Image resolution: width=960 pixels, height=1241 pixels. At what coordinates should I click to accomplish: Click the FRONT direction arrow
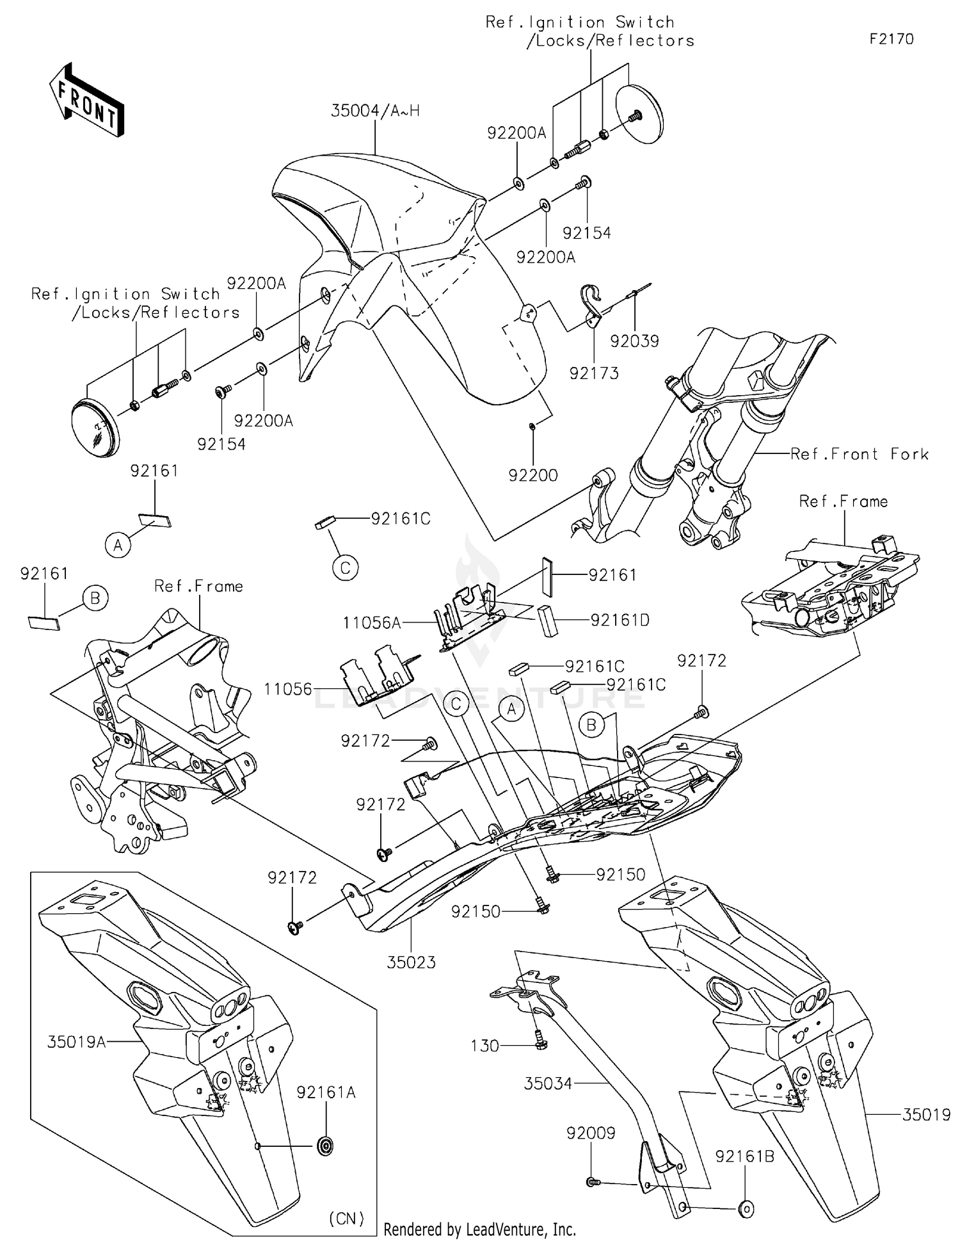pos(87,99)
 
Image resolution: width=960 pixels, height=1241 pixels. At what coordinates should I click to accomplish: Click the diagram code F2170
pos(892,39)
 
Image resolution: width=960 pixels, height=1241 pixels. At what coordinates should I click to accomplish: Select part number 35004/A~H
pos(375,111)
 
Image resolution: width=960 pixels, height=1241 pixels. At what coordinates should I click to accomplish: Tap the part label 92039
pos(634,341)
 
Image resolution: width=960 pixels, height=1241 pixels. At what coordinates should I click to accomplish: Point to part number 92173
pos(594,373)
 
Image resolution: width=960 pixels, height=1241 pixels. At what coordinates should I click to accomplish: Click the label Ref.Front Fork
pos(860,454)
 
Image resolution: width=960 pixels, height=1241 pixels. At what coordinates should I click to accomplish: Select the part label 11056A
pos(372,622)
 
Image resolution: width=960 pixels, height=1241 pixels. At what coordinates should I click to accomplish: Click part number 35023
pos(411,962)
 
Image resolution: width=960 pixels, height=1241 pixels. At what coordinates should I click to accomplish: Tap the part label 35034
pos(548,1083)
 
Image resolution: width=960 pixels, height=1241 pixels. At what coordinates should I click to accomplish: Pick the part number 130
pos(484,1046)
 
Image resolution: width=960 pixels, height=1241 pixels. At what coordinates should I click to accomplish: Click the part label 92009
pos(591,1133)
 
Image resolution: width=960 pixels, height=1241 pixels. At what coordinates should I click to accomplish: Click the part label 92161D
pos(620,620)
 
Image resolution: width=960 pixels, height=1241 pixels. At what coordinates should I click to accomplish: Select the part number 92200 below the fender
pos(533,475)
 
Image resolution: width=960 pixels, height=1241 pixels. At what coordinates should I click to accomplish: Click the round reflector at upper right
pos(639,115)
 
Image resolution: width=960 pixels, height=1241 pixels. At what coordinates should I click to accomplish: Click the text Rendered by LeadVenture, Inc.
pos(479,1229)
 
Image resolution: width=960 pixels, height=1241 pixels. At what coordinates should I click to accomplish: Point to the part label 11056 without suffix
pos(288,689)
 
